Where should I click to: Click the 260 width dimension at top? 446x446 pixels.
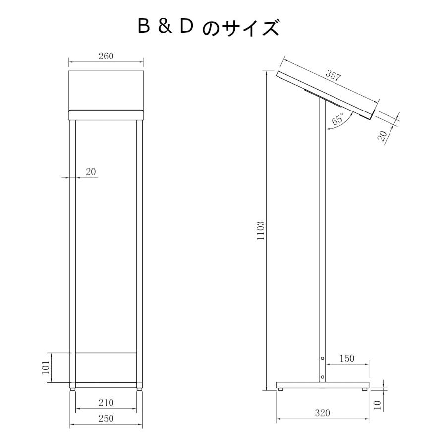point(106,56)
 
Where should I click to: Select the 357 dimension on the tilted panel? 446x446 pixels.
point(333,76)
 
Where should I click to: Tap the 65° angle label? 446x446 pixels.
point(338,119)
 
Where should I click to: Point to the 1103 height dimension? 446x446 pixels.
point(261,230)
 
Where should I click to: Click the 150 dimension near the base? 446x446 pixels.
point(347,358)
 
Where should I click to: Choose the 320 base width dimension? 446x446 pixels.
point(322,413)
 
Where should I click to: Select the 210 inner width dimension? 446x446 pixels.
point(106,403)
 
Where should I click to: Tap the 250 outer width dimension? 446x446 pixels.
point(106,418)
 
